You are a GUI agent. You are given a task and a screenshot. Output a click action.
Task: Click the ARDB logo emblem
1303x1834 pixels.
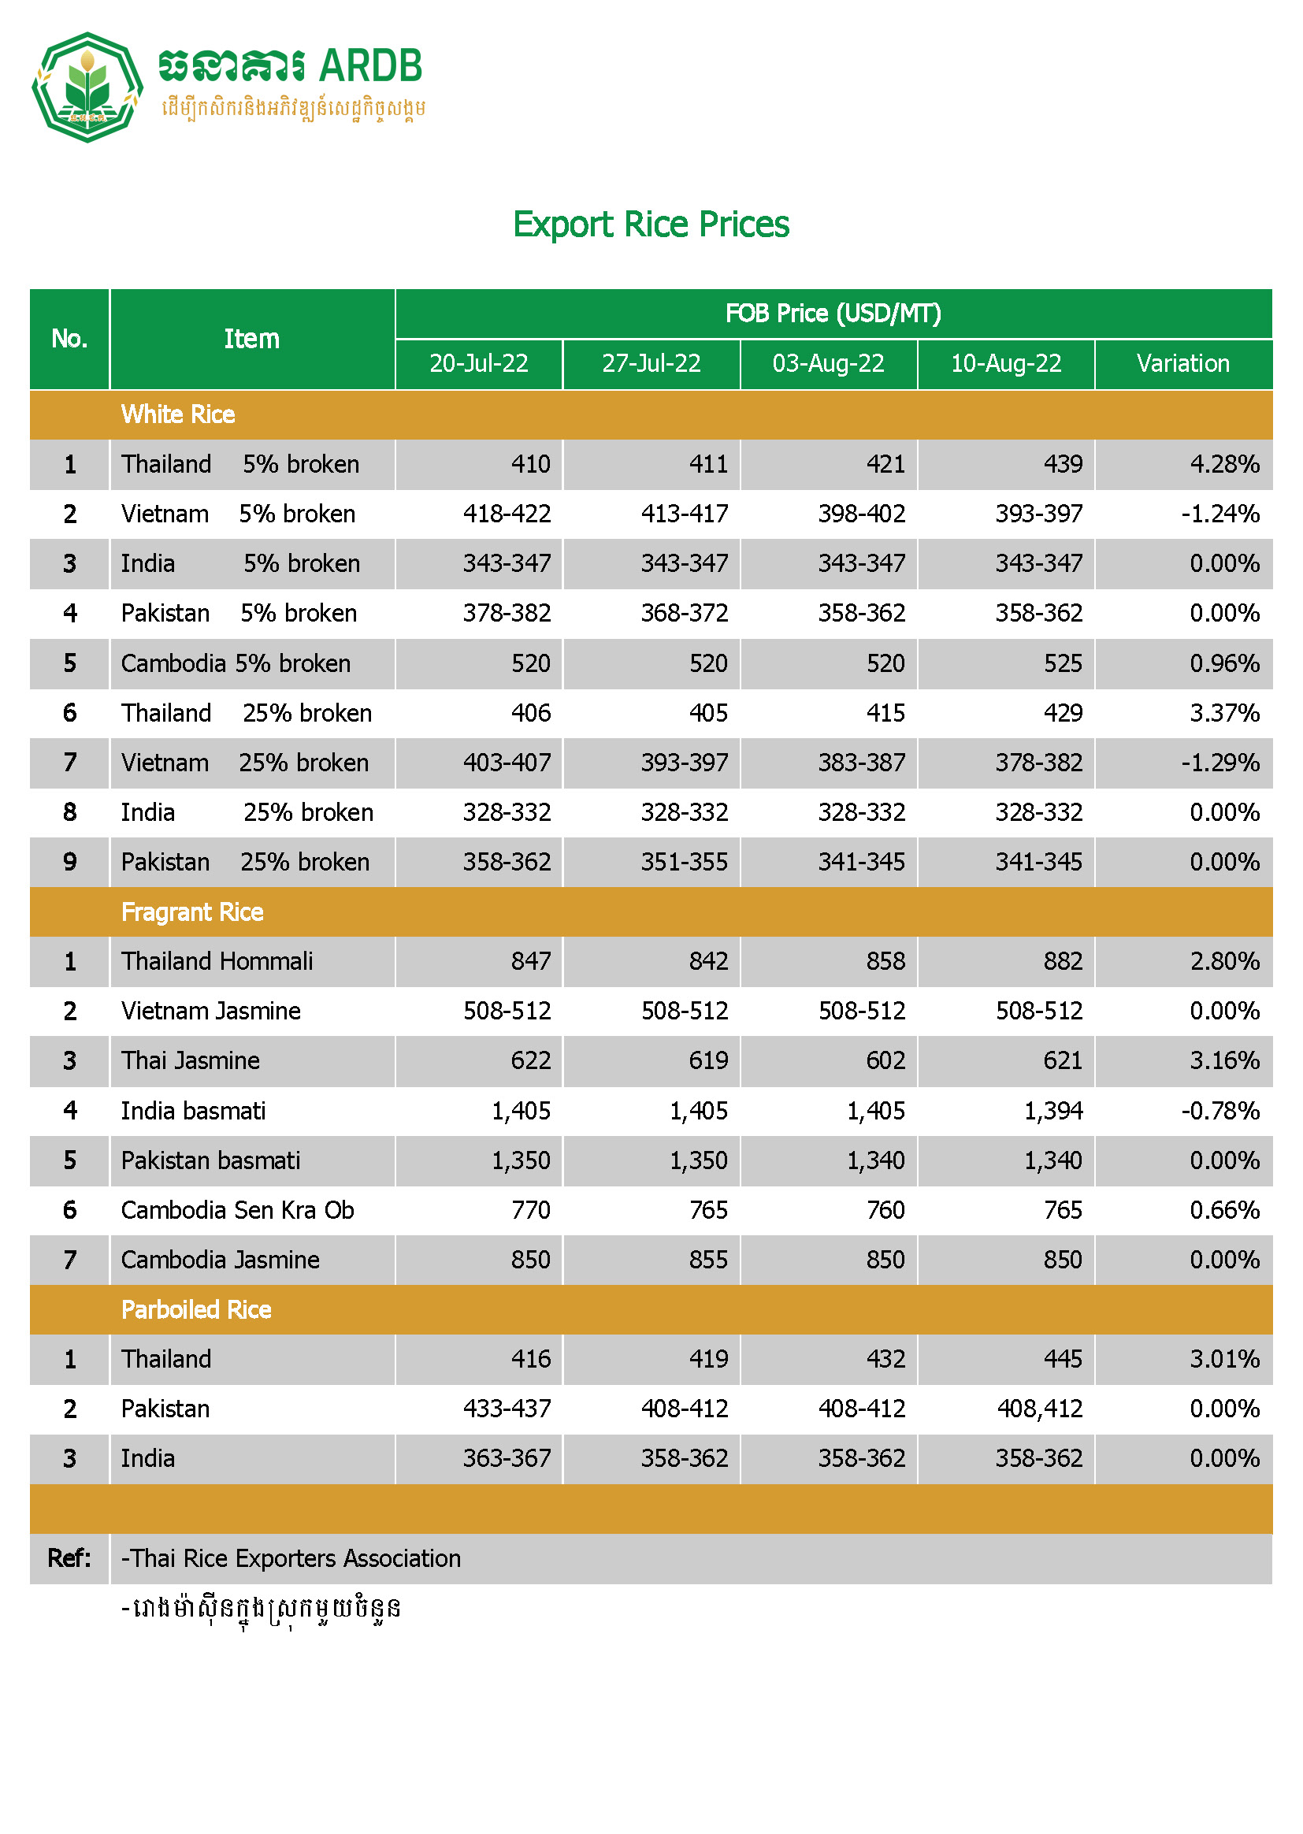87,87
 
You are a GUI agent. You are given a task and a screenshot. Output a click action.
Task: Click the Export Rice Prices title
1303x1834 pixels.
651,224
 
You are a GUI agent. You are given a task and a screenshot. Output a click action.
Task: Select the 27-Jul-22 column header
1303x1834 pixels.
651,363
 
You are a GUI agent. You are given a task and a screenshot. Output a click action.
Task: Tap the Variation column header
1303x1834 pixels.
1182,363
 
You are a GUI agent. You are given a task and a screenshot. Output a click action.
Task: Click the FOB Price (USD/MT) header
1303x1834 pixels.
833,313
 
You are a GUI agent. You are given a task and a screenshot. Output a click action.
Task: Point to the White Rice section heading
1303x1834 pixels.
178,414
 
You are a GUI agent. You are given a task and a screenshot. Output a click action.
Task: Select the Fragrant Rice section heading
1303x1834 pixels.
191,911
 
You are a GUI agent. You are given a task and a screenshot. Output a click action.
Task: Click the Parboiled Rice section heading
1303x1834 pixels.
196,1309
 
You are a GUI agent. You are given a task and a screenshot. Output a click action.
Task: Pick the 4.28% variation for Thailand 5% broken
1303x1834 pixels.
1224,464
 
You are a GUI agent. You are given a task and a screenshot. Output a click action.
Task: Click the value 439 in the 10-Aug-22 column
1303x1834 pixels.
1062,464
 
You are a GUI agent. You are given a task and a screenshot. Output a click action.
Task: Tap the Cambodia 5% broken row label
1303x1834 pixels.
235,663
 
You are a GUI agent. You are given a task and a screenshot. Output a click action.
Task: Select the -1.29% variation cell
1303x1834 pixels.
1219,762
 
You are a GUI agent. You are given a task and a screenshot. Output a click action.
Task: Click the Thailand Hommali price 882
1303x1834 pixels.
1062,961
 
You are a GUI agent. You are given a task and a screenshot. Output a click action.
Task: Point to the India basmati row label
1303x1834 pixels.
192,1110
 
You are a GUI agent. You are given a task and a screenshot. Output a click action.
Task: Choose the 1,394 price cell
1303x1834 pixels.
1052,1110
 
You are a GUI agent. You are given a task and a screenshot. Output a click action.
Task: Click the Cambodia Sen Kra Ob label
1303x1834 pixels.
236,1210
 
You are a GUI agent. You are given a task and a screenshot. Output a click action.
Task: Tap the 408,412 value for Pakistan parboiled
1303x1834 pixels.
1039,1408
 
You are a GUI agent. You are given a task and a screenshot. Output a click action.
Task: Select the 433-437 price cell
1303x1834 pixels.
507,1408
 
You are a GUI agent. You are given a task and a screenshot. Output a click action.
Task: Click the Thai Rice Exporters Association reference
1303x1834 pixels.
291,1558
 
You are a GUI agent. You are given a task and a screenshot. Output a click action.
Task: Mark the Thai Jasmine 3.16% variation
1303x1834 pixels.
1224,1060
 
